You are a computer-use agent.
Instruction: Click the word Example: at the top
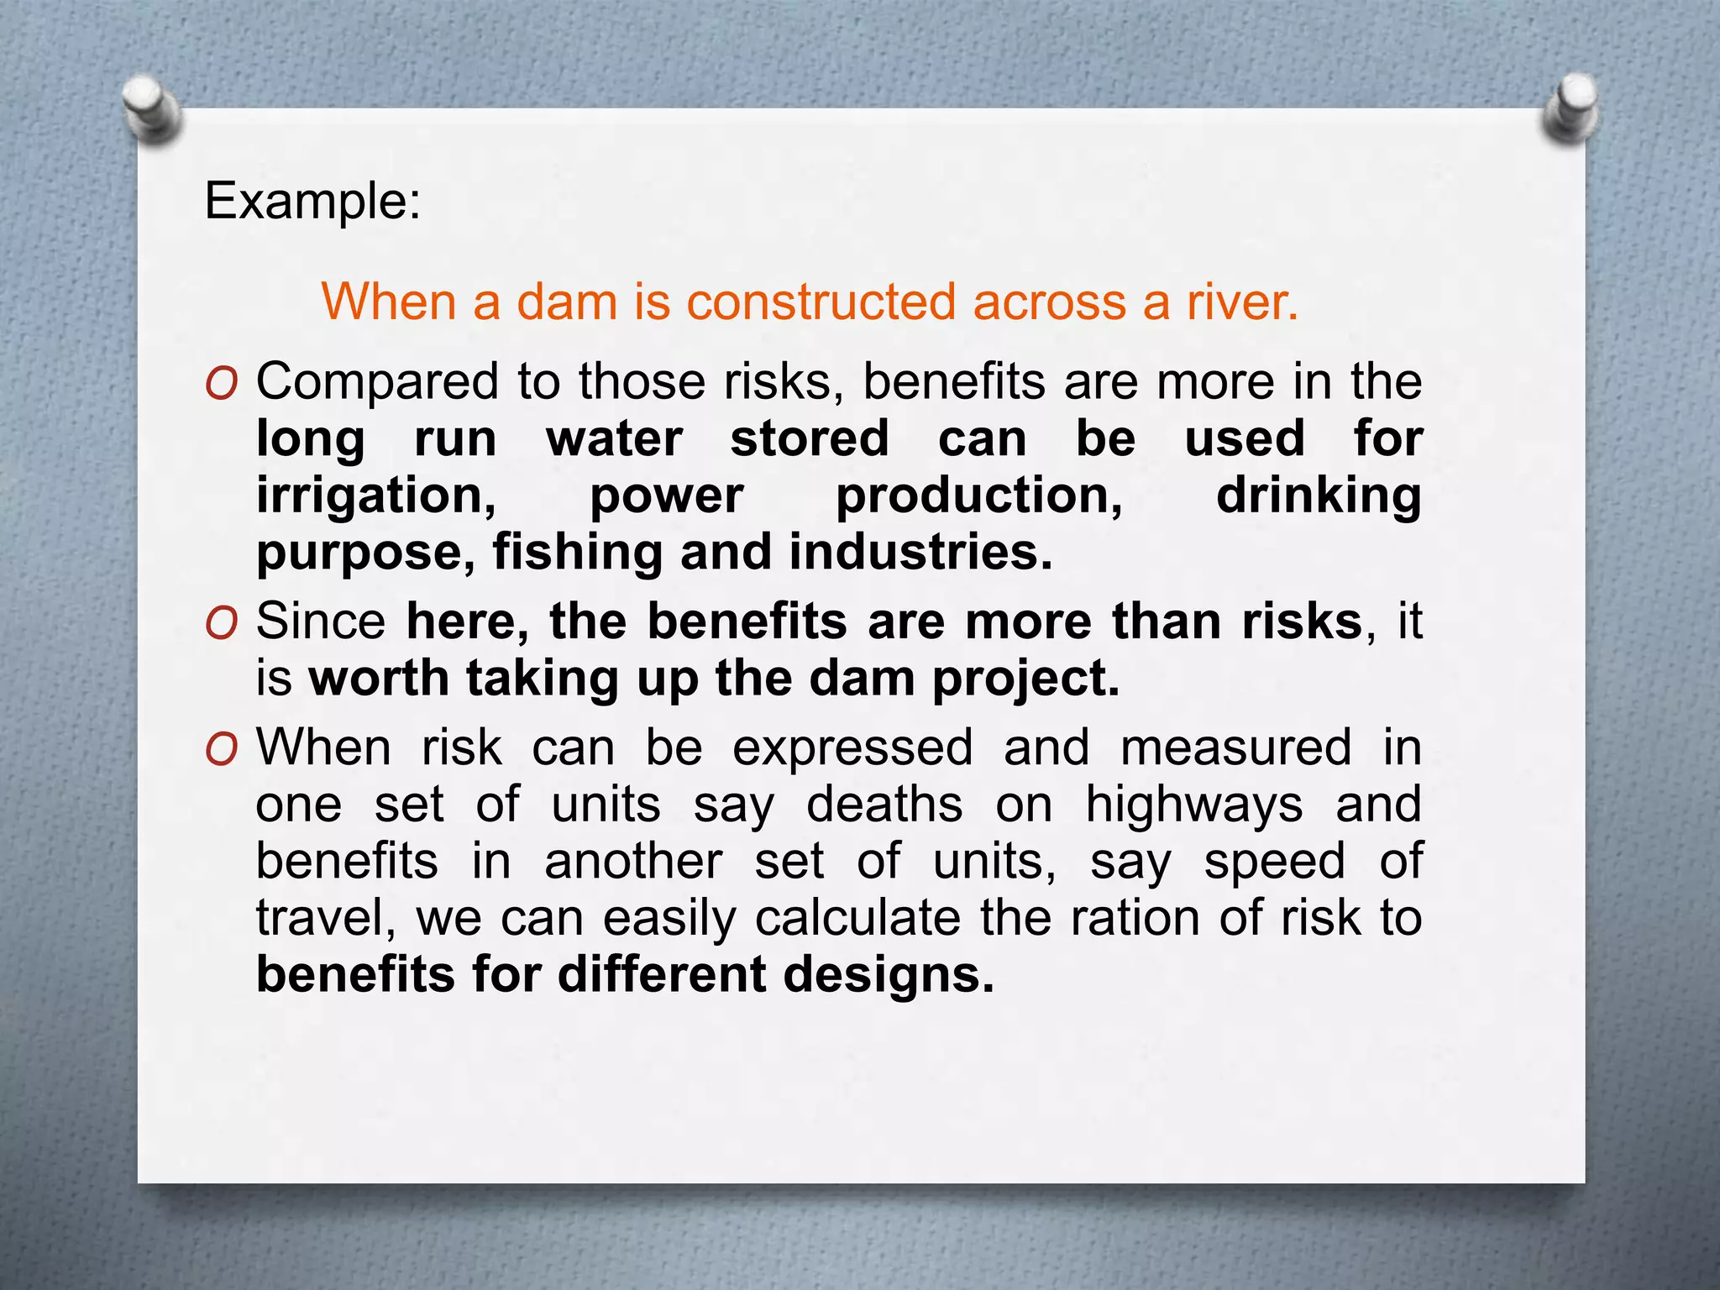pos(312,202)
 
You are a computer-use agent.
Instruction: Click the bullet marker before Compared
pos(221,385)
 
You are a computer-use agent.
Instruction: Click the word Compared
pos(375,383)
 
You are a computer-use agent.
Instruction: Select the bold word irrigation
pos(375,496)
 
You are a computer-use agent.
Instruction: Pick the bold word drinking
pos(1319,496)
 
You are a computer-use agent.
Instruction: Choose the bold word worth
pos(379,679)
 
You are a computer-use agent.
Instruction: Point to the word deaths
pos(884,805)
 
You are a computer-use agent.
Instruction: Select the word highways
pos(1194,805)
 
